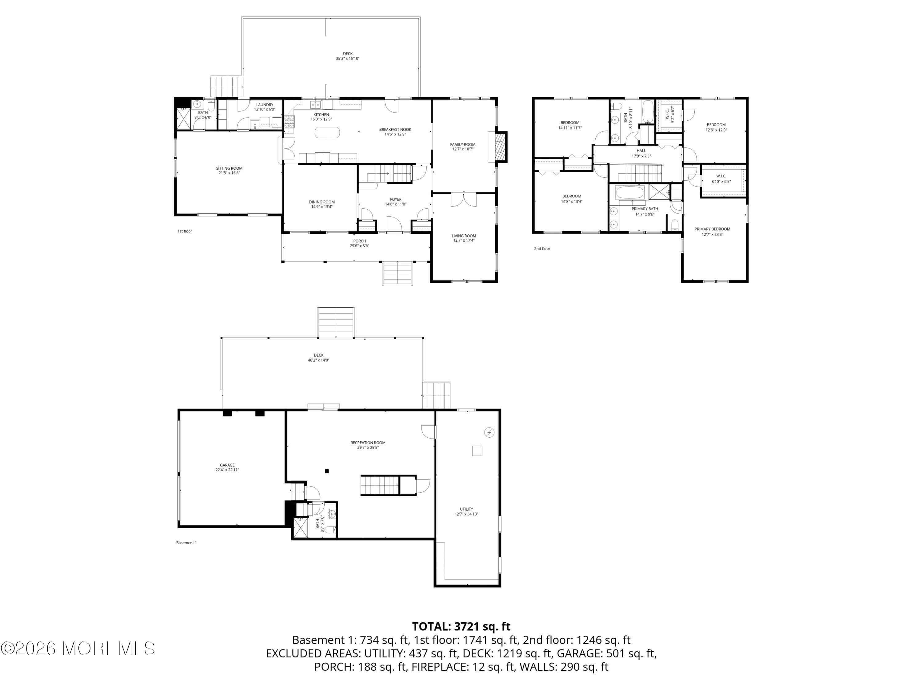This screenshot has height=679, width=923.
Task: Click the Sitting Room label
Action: [229, 168]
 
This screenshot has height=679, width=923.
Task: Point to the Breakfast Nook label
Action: [395, 129]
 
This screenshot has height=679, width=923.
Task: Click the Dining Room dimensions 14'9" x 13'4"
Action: [322, 207]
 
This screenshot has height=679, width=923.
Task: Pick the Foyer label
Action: [396, 199]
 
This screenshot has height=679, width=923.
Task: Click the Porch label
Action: [359, 241]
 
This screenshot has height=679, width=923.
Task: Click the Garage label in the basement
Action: [227, 465]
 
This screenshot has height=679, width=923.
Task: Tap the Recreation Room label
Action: [368, 443]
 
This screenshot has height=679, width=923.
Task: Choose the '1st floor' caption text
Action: [185, 231]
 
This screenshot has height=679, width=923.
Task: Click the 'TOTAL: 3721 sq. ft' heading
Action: [461, 626]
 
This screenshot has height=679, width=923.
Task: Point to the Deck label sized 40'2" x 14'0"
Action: [319, 355]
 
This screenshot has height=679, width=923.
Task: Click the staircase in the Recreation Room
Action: [380, 485]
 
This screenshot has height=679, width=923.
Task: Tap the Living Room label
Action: [464, 236]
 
